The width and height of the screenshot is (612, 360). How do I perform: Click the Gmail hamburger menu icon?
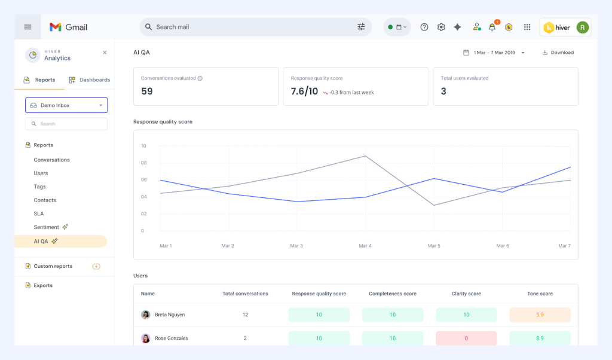(27, 27)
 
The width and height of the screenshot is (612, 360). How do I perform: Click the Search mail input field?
(251, 27)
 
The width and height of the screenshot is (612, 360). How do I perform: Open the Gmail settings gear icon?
(441, 27)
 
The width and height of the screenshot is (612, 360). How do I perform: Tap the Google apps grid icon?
(527, 27)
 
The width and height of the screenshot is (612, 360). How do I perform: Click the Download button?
(558, 53)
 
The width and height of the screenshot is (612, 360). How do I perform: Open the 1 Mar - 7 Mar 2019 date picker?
(494, 53)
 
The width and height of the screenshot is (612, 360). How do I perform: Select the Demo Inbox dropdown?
(66, 105)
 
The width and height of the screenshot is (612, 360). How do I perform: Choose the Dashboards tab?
(90, 80)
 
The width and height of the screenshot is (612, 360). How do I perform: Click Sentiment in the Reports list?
(47, 227)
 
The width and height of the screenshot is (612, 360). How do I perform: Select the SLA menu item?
(39, 213)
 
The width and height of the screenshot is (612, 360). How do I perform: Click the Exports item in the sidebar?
(43, 285)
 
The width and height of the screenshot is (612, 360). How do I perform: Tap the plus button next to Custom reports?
(96, 266)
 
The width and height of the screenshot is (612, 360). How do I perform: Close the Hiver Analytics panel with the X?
(105, 53)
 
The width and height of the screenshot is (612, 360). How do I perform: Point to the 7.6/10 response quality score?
(304, 91)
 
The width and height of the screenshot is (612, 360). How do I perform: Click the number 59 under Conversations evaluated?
(147, 91)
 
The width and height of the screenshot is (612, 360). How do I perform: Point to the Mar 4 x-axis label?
(365, 246)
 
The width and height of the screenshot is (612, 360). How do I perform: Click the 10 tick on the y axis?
(143, 146)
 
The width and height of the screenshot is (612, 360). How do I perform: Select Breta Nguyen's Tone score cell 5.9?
(540, 315)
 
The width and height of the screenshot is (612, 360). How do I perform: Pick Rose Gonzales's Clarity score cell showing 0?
(466, 338)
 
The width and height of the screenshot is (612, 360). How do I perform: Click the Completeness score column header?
(393, 294)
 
